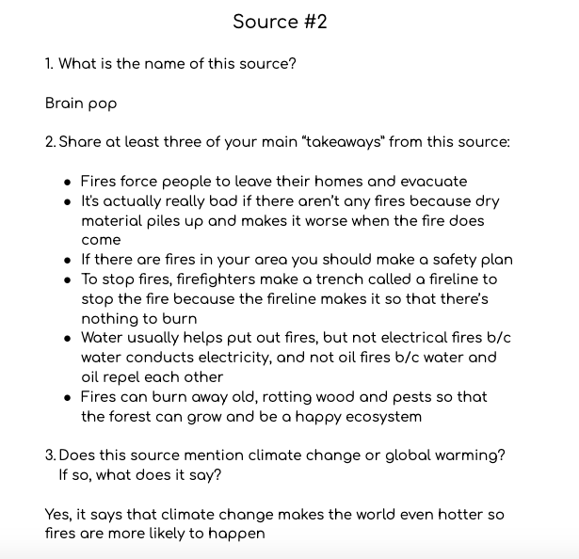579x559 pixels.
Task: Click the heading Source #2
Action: (280, 22)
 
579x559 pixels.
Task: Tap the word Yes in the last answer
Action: (58, 515)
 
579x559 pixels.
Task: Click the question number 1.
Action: (49, 64)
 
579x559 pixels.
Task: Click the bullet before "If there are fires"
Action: (67, 260)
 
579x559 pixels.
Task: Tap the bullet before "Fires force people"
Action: (67, 182)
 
